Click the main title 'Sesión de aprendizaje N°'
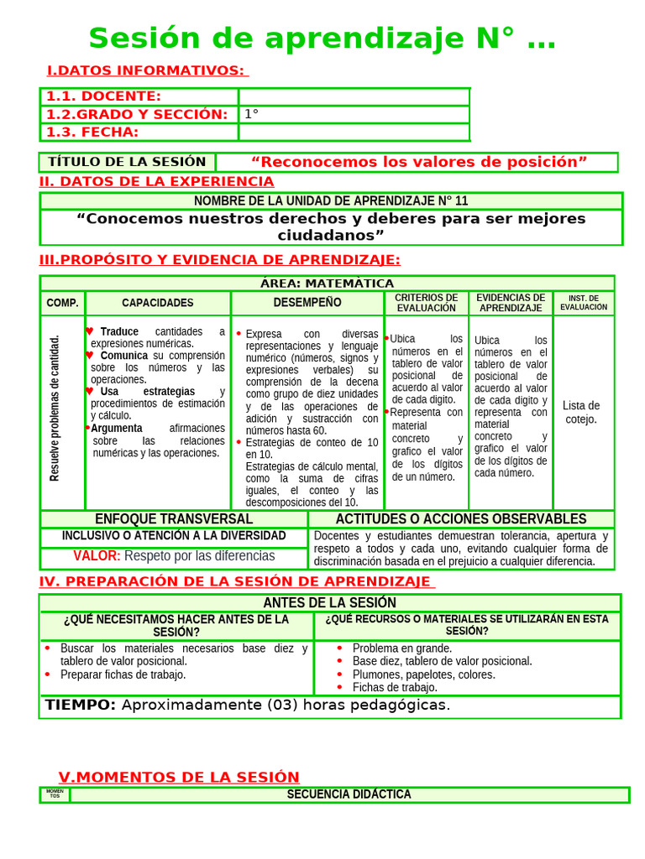(x=322, y=39)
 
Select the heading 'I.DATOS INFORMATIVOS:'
(x=146, y=70)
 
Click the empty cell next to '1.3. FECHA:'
(x=354, y=133)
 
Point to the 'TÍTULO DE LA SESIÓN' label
(x=127, y=162)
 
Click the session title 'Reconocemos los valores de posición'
(x=418, y=162)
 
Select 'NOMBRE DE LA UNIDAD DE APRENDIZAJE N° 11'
(x=331, y=201)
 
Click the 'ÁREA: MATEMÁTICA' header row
(x=327, y=284)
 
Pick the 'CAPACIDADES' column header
(x=157, y=303)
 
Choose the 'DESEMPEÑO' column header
(x=307, y=302)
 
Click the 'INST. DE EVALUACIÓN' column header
(x=583, y=303)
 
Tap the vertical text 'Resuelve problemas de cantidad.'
(x=55, y=409)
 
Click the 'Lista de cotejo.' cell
(x=581, y=412)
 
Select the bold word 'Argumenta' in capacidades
(x=117, y=428)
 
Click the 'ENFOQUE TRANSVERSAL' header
(x=174, y=519)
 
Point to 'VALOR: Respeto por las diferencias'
(x=174, y=555)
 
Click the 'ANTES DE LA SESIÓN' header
(x=329, y=603)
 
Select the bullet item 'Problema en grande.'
(x=401, y=648)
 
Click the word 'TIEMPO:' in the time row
(x=81, y=705)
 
